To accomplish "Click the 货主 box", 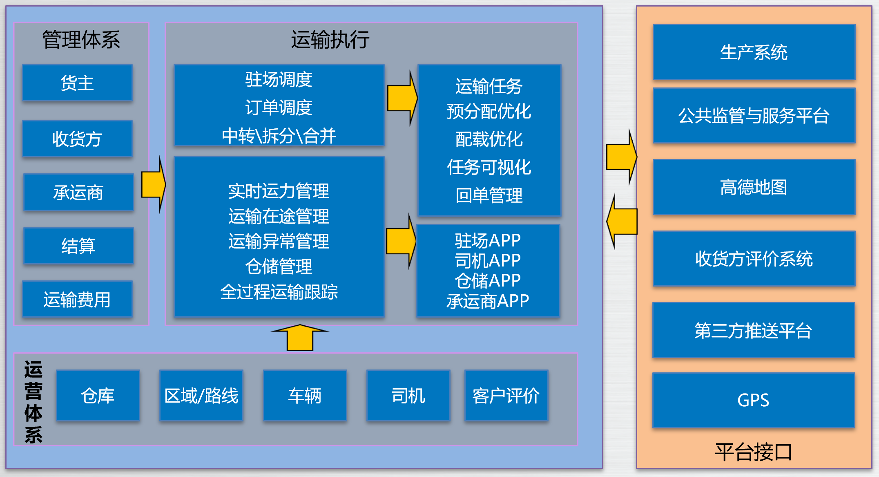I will pyautogui.click(x=77, y=83).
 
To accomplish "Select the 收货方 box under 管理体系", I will pyautogui.click(x=77, y=139).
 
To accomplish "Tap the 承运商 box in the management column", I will pyautogui.click(x=78, y=192).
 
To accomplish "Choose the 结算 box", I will pyautogui.click(x=78, y=246).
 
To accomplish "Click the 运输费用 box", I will pyautogui.click(x=77, y=299).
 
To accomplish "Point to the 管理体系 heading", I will pyautogui.click(x=81, y=40).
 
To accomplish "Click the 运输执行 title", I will pyautogui.click(x=330, y=40).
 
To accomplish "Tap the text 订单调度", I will pyautogui.click(x=279, y=107).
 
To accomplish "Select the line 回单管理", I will pyautogui.click(x=489, y=195).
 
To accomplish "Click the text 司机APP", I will pyautogui.click(x=488, y=260).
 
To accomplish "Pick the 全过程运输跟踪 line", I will pyautogui.click(x=279, y=292).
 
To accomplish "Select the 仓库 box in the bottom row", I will pyautogui.click(x=98, y=396).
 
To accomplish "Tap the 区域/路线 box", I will pyautogui.click(x=201, y=396).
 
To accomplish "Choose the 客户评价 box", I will pyautogui.click(x=506, y=396).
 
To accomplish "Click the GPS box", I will pyautogui.click(x=753, y=400).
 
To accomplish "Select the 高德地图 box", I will pyautogui.click(x=753, y=187).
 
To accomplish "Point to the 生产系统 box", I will pyautogui.click(x=753, y=52).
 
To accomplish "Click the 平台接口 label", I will pyautogui.click(x=753, y=452).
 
